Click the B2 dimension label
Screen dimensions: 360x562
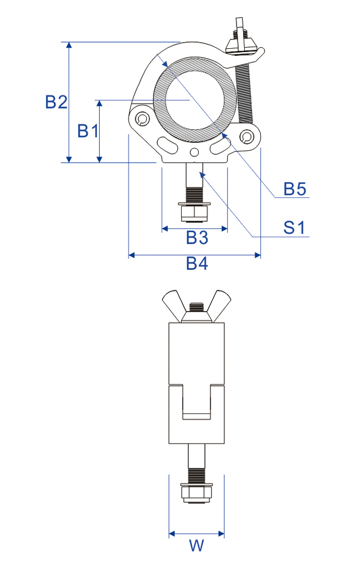(56, 102)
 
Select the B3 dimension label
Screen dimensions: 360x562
(197, 237)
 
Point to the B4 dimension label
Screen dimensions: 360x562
(197, 263)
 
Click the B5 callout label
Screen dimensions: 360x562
(295, 189)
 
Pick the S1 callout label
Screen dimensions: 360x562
(295, 228)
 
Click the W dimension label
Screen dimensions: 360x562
(196, 545)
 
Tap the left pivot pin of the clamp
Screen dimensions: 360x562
(142, 119)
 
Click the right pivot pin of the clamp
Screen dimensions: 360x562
(246, 136)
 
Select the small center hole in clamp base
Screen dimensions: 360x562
(194, 152)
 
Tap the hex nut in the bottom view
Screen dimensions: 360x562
(196, 494)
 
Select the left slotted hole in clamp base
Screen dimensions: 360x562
(168, 145)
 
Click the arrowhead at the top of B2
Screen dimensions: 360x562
(69, 45)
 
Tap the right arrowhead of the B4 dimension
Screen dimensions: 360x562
(257, 255)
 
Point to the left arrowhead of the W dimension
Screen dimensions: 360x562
(172, 534)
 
